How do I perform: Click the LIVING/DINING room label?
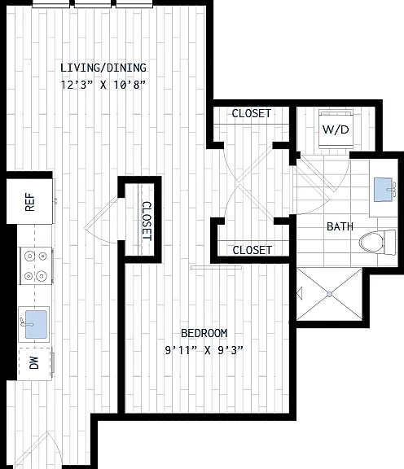pyautogui.click(x=103, y=68)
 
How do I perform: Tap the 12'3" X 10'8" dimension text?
pyautogui.click(x=103, y=85)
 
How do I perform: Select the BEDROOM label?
pyautogui.click(x=204, y=333)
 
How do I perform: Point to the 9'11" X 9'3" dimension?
pyautogui.click(x=204, y=349)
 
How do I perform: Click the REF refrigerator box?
pyautogui.click(x=30, y=201)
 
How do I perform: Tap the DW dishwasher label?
pyautogui.click(x=34, y=363)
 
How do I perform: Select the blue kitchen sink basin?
pyautogui.click(x=36, y=325)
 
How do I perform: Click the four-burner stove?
pyautogui.click(x=36, y=265)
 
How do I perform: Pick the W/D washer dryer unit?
pyautogui.click(x=336, y=129)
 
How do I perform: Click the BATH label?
pyautogui.click(x=340, y=226)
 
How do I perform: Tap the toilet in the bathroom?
pyautogui.click(x=377, y=243)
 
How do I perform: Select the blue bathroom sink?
pyautogui.click(x=383, y=190)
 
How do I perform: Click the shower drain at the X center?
pyautogui.click(x=330, y=295)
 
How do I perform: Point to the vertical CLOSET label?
pyautogui.click(x=147, y=221)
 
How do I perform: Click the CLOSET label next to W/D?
pyautogui.click(x=252, y=113)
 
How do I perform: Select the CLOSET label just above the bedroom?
pyautogui.click(x=252, y=250)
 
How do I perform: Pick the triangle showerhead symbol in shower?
pyautogui.click(x=300, y=293)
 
